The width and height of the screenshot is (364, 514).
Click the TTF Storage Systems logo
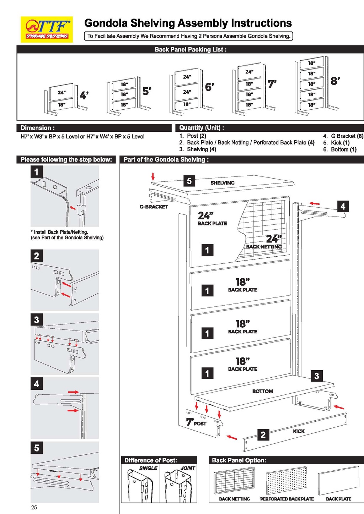(x=47, y=29)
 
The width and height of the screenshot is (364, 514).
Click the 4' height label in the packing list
(x=84, y=95)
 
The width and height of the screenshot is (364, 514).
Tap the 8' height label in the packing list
(x=335, y=81)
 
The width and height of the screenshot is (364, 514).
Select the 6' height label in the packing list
(x=210, y=87)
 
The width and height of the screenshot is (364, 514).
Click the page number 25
(x=34, y=507)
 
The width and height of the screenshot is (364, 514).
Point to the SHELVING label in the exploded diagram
(x=222, y=183)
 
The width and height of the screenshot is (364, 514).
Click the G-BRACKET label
(x=154, y=207)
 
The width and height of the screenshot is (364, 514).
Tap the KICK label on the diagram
(x=299, y=431)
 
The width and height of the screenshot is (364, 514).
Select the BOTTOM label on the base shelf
(x=263, y=391)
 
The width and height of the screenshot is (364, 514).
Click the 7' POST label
(x=196, y=422)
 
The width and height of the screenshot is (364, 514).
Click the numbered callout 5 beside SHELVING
(x=189, y=181)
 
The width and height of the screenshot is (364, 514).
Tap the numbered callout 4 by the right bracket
(x=343, y=206)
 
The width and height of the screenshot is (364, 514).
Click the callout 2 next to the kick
(x=263, y=435)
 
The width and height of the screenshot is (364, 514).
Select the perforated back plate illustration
(x=287, y=481)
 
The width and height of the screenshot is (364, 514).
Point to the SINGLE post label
(x=148, y=468)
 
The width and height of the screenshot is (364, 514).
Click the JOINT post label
(x=188, y=468)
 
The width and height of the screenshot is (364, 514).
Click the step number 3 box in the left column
(x=37, y=320)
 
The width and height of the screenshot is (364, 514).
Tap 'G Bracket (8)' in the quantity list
(x=343, y=136)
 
